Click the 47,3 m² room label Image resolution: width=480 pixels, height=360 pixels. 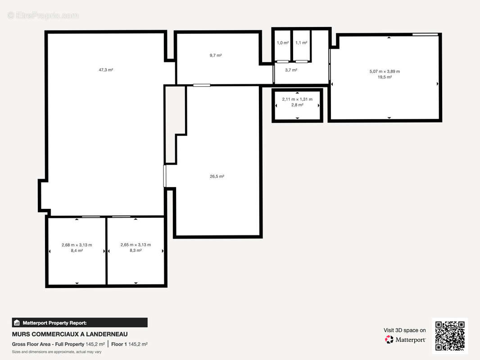click(x=106, y=70)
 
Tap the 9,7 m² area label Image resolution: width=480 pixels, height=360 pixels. click(x=216, y=55)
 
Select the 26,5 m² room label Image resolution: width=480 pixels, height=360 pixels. click(x=217, y=176)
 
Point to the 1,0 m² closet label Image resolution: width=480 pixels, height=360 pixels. click(x=282, y=43)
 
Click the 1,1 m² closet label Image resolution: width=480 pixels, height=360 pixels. click(x=301, y=43)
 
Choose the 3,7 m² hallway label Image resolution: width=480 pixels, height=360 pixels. click(x=291, y=70)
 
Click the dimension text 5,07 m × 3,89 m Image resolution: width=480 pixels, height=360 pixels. click(x=385, y=71)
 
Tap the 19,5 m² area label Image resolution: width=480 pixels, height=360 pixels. click(x=385, y=77)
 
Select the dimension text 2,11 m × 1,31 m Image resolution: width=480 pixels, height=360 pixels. click(x=297, y=99)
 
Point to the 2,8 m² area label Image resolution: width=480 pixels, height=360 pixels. click(x=297, y=105)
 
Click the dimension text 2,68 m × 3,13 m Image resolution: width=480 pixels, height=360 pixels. click(x=77, y=245)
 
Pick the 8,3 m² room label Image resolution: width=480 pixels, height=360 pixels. click(x=136, y=251)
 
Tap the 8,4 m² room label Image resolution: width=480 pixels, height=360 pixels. click(x=77, y=251)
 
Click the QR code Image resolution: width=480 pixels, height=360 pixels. click(x=450, y=336)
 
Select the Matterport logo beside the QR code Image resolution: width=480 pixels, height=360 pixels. click(x=405, y=340)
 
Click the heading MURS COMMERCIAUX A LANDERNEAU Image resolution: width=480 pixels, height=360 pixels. click(x=70, y=334)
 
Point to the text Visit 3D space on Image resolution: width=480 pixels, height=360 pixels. click(x=404, y=330)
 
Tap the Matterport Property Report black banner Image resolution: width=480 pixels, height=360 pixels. click(x=80, y=322)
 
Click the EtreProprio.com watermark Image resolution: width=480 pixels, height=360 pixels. click(x=43, y=16)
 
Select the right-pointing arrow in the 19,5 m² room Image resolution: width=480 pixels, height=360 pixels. click(x=437, y=84)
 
